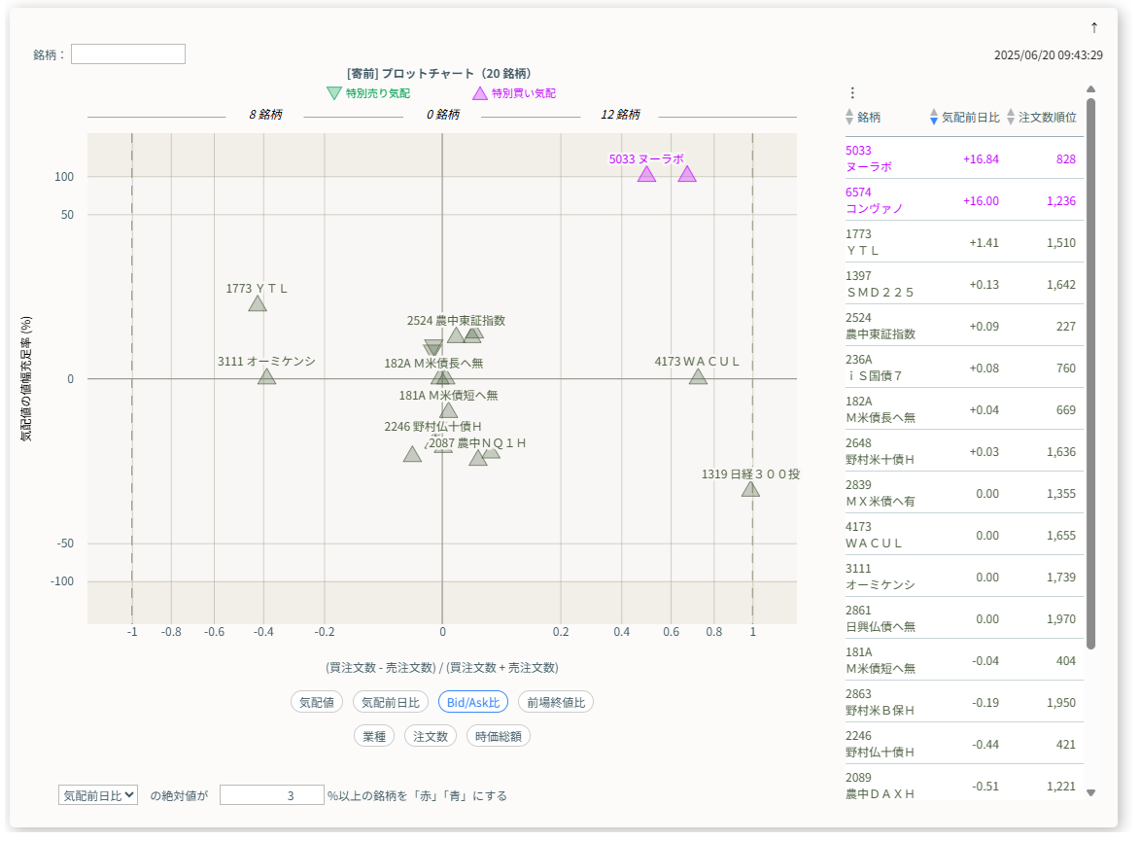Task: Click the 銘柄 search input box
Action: pos(127,54)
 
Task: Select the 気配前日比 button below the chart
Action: pos(390,702)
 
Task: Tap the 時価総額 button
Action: pos(498,736)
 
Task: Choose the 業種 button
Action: pos(374,736)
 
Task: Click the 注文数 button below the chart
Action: pos(430,736)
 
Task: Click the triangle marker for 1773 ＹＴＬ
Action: pos(258,304)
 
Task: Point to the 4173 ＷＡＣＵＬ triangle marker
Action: pos(698,376)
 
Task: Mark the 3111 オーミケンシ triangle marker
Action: pos(267,376)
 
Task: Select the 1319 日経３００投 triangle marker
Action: pos(750,488)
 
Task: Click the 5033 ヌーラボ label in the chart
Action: pos(646,158)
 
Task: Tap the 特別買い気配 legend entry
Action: pos(514,93)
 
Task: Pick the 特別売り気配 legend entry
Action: pos(368,93)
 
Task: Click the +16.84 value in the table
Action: pos(981,158)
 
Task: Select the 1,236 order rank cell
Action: pos(1060,200)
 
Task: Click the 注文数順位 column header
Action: pos(1047,117)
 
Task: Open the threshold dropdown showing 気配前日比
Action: pos(98,794)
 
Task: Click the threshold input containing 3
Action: pos(271,794)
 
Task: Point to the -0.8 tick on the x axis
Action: pos(171,632)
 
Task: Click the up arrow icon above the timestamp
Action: pos(1094,27)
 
